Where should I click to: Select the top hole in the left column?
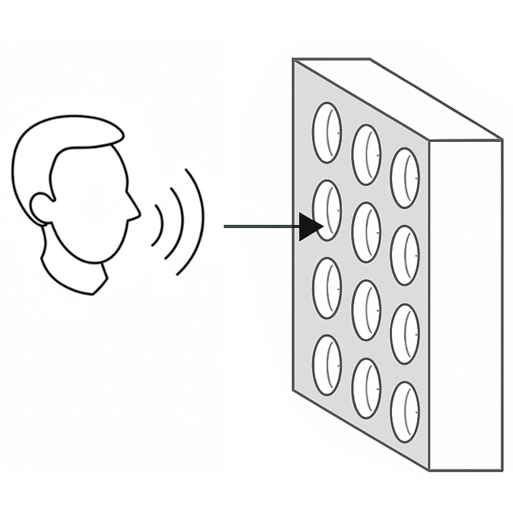pyautogui.click(x=327, y=133)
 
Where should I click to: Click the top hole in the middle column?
pyautogui.click(x=366, y=155)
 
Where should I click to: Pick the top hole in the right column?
pyautogui.click(x=405, y=178)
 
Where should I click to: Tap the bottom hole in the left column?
pyautogui.click(x=327, y=365)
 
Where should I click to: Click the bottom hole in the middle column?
pyautogui.click(x=366, y=388)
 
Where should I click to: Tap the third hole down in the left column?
pyautogui.click(x=327, y=288)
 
